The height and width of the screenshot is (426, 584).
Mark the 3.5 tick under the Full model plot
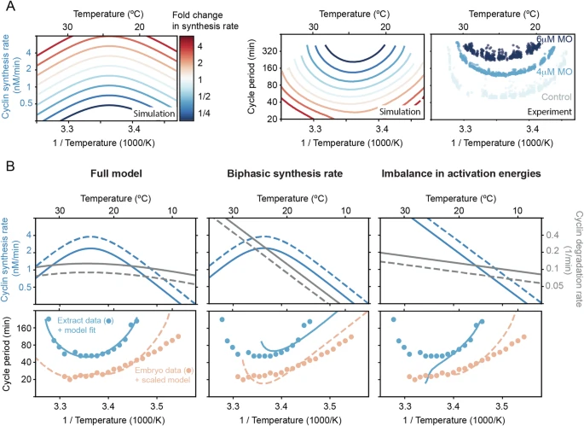pyautogui.click(x=157, y=398)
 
